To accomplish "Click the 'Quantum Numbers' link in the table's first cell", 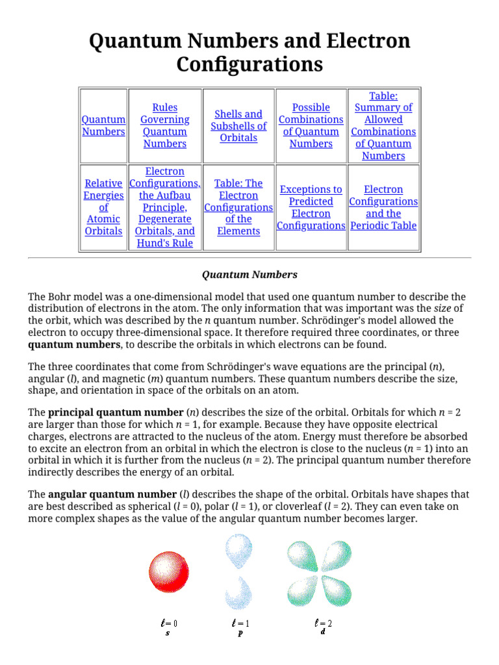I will [103, 125].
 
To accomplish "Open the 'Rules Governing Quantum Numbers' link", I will [164, 125].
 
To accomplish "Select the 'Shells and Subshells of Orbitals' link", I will [238, 125].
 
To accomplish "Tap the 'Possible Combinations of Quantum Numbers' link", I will [311, 125].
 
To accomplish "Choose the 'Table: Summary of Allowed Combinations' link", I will [383, 125].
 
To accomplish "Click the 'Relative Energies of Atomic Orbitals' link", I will [103, 207].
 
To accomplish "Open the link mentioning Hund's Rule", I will [164, 207].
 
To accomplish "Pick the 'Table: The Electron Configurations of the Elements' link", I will [238, 207].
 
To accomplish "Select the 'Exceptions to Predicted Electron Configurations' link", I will [311, 207].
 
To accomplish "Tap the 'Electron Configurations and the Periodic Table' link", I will [383, 207].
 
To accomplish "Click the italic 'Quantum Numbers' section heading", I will [249, 275].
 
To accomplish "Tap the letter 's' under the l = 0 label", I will [168, 633].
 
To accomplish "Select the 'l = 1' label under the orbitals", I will [240, 623].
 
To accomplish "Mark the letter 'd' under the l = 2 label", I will [322, 632].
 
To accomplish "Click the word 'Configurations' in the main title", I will [249, 65].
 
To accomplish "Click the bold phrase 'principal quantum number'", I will [116, 412].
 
